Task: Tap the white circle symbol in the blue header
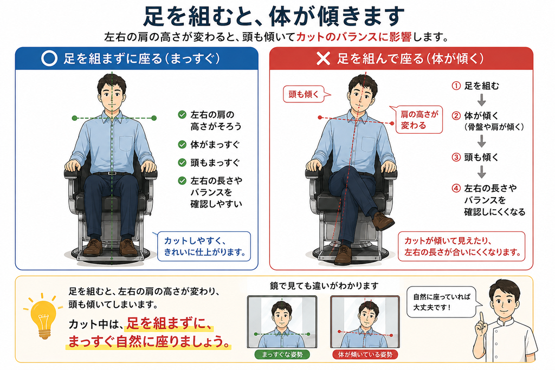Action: (x=49, y=59)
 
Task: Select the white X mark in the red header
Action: (x=323, y=59)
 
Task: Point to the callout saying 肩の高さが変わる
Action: (x=418, y=120)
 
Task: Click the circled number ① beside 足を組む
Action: (x=456, y=86)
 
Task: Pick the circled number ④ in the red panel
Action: (x=456, y=188)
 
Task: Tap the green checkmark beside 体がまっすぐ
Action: (x=182, y=144)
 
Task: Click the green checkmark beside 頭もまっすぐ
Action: (x=182, y=163)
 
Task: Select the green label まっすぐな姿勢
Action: (x=282, y=354)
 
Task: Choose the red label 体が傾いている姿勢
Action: (x=365, y=354)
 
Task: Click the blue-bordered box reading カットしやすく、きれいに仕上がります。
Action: (x=204, y=246)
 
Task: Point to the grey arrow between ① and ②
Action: (x=481, y=100)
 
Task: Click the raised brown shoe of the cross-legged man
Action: (x=383, y=220)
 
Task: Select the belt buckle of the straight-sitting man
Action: (x=112, y=173)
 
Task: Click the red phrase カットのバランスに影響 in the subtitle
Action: (x=353, y=37)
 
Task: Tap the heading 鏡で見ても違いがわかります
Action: (x=324, y=285)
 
